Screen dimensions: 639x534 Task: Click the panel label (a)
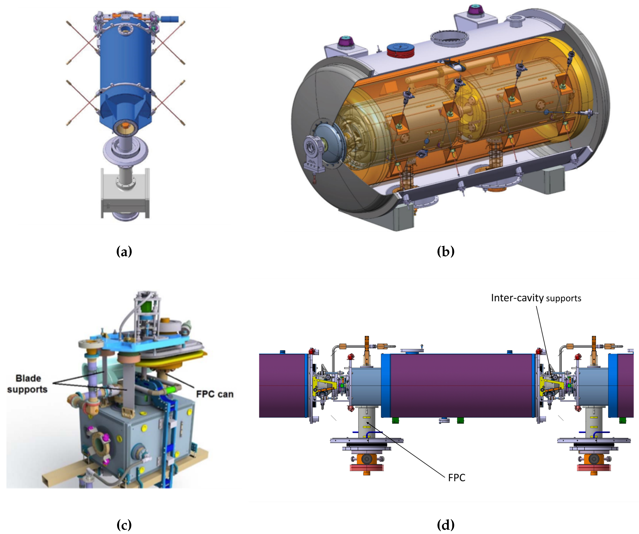pyautogui.click(x=124, y=252)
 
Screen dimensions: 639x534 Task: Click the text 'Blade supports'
pyautogui.click(x=27, y=384)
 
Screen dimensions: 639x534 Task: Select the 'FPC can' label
pyautogui.click(x=215, y=394)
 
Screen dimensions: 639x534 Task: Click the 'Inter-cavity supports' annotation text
pyautogui.click(x=536, y=298)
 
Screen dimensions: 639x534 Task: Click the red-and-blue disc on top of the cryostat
pyautogui.click(x=401, y=50)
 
